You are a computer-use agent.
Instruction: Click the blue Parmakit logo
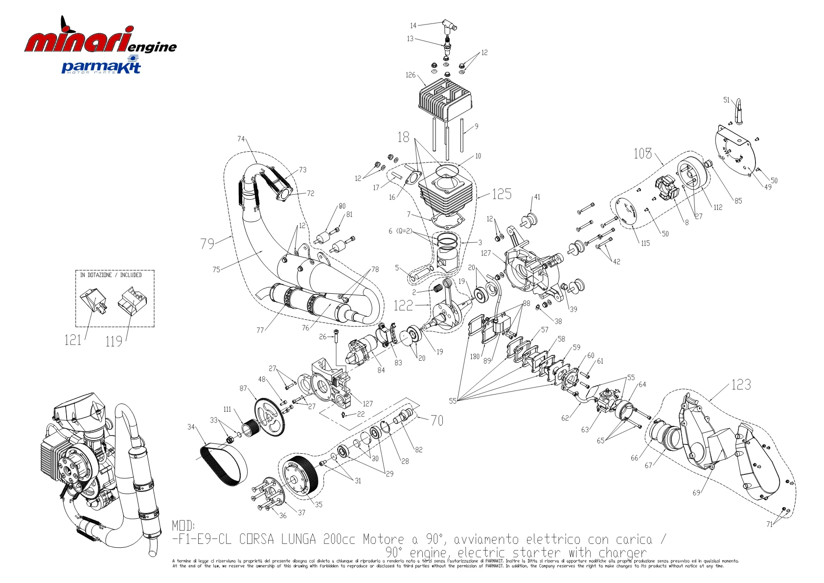coord(101,66)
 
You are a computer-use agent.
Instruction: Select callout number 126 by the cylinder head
coord(411,75)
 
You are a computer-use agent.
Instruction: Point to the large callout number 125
coord(502,194)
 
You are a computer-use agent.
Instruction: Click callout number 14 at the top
coord(413,25)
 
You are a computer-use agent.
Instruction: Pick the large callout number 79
coord(207,243)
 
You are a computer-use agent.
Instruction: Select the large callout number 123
coord(741,385)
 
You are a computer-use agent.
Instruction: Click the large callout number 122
coord(403,306)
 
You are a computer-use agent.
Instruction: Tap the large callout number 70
coord(437,420)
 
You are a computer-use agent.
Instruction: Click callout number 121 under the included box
coord(72,340)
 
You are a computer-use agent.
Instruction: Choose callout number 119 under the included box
coord(114,342)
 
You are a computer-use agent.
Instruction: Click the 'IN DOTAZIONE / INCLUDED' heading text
coord(111,275)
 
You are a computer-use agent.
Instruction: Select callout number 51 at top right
coord(727,100)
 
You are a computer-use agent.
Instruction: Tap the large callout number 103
coord(642,154)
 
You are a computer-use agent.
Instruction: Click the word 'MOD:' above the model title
coord(183,526)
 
